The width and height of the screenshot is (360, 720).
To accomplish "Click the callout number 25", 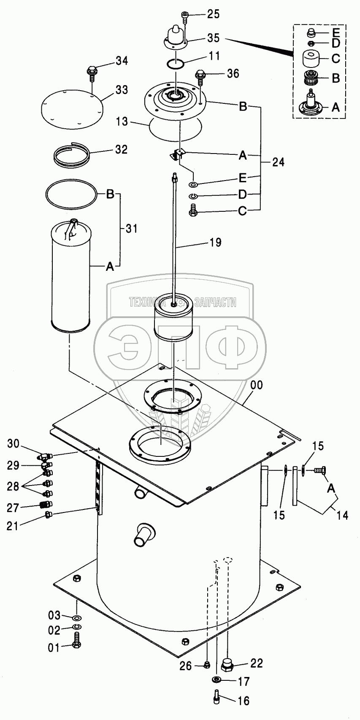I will click(213, 14).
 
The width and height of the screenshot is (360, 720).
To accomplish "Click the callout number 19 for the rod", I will click(214, 242).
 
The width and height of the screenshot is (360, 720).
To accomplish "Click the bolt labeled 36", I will click(200, 78).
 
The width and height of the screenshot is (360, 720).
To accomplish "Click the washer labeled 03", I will click(77, 616).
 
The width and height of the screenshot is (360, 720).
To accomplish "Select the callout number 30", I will click(14, 443).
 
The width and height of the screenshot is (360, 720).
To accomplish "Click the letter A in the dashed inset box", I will click(336, 107).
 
